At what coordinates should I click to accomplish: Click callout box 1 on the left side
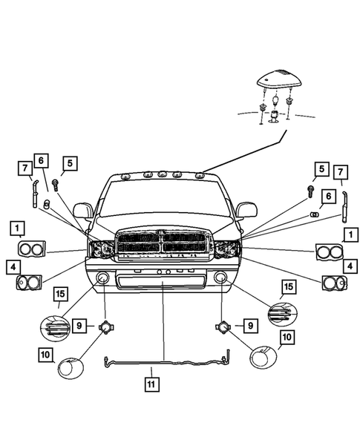pos(16,228)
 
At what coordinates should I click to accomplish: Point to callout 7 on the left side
pos(24,168)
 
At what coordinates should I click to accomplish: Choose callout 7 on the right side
pos(341,173)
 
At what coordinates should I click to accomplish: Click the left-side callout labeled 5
pos(70,162)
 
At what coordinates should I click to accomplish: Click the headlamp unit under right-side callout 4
pos(333,283)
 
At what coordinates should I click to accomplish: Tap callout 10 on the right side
pos(288,338)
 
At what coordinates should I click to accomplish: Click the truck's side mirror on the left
pos(82,211)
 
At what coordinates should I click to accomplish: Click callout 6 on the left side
pos(41,160)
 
